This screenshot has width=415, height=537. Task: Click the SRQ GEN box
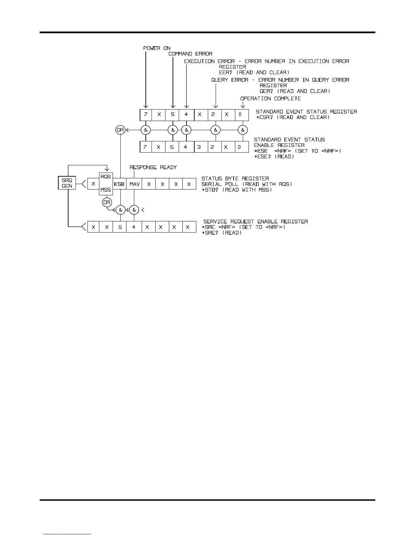67,183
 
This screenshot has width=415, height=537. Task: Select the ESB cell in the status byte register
119,184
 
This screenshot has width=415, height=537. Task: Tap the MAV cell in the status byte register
135,184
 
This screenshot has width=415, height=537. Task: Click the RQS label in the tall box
106,177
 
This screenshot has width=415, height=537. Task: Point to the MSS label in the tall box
106,190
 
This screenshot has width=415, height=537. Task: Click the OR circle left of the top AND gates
120,130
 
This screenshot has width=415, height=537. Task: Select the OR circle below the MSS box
107,202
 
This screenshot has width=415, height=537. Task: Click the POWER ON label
157,48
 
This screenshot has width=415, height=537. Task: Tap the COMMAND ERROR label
190,54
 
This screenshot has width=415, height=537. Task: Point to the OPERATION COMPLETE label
271,99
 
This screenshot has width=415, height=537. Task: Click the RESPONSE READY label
153,167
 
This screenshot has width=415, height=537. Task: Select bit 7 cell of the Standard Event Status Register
146,115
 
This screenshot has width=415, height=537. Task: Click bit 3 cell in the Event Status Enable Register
200,147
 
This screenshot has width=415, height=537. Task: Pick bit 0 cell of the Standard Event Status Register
240,115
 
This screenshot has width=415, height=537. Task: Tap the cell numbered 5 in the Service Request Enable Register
120,227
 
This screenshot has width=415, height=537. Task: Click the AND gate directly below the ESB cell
120,210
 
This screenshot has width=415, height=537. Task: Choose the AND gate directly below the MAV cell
134,210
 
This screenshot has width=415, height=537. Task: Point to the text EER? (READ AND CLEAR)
254,73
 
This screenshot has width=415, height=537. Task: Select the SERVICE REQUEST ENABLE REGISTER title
256,221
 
